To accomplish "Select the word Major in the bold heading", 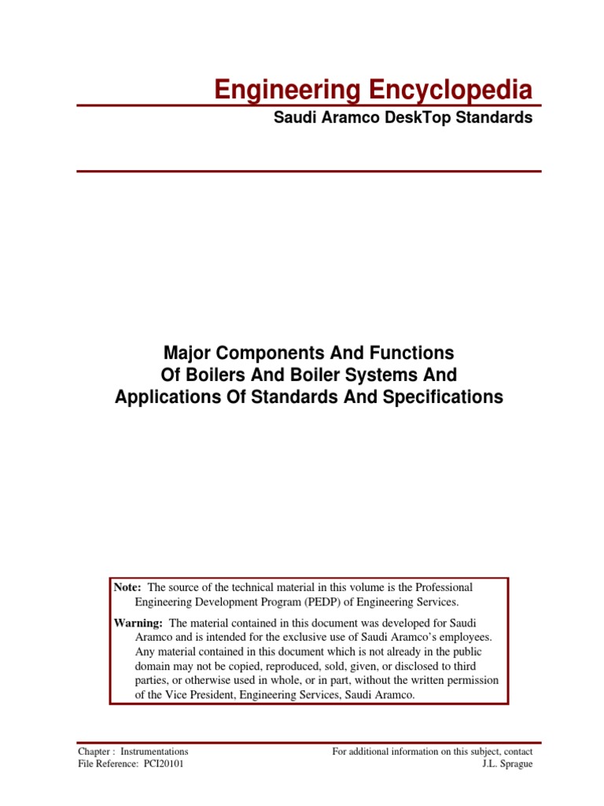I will (x=184, y=350).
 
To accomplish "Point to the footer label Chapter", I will (x=94, y=752).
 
